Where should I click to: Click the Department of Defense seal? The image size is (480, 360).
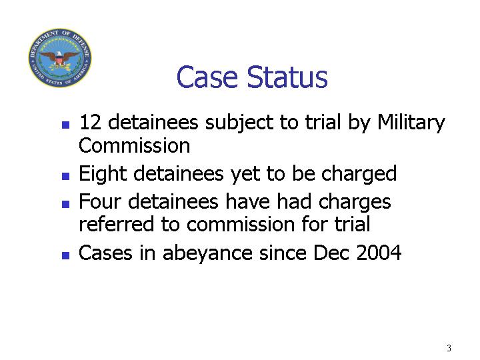click(x=60, y=57)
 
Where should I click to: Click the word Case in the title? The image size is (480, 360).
click(x=207, y=77)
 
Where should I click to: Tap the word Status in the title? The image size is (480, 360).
click(x=287, y=77)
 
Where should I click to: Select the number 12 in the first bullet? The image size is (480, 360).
click(x=90, y=122)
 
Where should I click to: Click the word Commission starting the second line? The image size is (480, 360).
click(x=135, y=145)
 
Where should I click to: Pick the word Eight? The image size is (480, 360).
click(x=103, y=174)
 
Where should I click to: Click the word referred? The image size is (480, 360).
click(x=116, y=224)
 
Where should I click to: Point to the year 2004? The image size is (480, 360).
click(x=379, y=253)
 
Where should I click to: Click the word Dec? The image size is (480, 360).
click(x=331, y=253)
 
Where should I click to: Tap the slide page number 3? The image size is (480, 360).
click(x=449, y=348)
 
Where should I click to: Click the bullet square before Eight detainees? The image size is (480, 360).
click(x=65, y=176)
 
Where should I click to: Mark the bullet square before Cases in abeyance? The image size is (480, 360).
click(x=65, y=255)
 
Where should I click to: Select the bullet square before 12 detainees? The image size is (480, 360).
click(x=65, y=125)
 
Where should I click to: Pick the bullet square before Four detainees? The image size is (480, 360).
click(x=65, y=204)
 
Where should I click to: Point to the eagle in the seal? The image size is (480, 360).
click(x=60, y=58)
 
